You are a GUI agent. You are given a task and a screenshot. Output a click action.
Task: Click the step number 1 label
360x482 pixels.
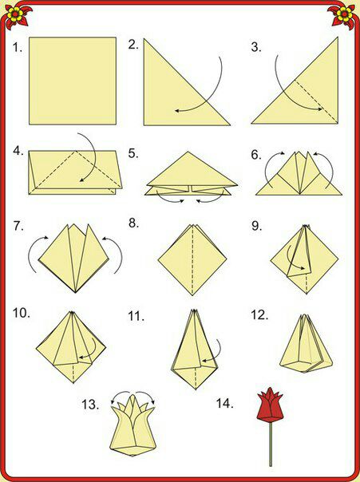(18, 47)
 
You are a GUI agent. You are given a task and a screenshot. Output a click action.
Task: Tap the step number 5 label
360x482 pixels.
(133, 153)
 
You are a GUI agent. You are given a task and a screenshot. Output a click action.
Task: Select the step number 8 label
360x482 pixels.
(134, 223)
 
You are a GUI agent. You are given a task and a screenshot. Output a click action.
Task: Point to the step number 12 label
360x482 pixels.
(259, 315)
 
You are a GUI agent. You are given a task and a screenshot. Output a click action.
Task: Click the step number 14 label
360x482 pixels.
(225, 403)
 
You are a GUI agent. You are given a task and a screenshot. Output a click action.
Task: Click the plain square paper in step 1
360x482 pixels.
(73, 81)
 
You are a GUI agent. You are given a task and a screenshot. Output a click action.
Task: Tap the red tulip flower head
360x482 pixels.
(270, 405)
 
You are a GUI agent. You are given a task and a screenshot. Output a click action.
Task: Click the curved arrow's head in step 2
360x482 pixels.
(177, 110)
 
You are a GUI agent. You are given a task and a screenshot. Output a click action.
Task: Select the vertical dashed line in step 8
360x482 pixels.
(192, 260)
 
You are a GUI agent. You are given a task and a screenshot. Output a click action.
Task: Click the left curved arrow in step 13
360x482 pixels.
(119, 393)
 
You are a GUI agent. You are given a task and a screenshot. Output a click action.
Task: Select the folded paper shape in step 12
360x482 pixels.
(306, 343)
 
